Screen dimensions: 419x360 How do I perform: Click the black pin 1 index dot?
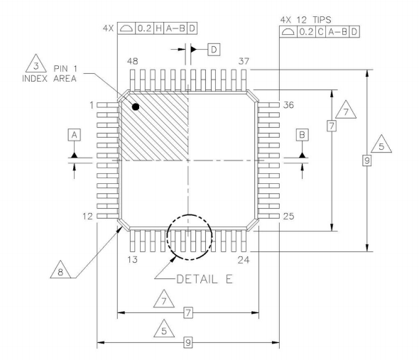click(x=136, y=107)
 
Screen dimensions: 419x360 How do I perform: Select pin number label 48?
click(x=133, y=61)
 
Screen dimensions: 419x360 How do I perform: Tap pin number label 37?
click(x=244, y=61)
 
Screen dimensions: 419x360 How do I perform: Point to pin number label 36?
click(x=288, y=105)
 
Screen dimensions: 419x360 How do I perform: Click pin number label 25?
click(x=288, y=216)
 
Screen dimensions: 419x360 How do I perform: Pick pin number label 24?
click(x=244, y=259)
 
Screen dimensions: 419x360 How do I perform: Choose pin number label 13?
click(x=133, y=259)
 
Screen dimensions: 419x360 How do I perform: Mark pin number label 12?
click(x=87, y=216)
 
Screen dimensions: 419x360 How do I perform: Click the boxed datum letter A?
click(x=75, y=135)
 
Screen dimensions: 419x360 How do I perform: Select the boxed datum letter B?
click(x=303, y=135)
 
